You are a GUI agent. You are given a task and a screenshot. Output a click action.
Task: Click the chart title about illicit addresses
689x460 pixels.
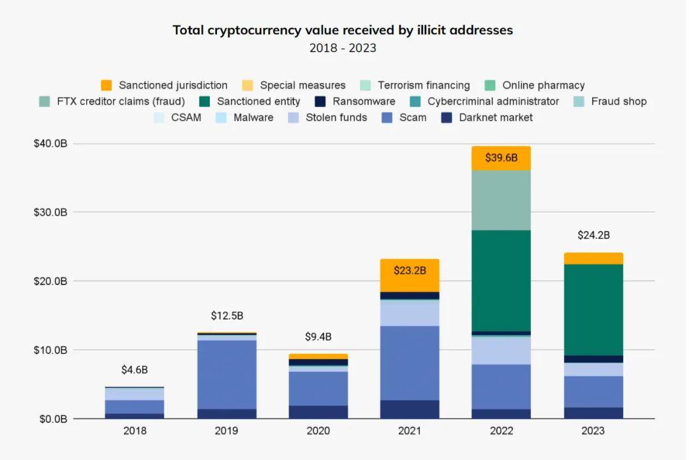[343, 30]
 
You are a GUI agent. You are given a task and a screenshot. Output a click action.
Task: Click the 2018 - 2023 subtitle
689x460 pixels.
[343, 48]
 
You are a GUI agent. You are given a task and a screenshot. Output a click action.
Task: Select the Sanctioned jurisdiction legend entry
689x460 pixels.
[165, 85]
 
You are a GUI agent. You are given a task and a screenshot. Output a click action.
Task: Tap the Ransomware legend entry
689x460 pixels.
[355, 101]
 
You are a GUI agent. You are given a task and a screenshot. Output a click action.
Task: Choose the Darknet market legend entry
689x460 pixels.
[487, 117]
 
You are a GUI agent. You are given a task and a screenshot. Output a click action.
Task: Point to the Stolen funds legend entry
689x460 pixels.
[328, 117]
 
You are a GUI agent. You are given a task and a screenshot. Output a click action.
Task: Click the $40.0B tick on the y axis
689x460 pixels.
[50, 144]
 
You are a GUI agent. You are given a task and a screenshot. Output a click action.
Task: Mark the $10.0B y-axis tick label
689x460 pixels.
[50, 350]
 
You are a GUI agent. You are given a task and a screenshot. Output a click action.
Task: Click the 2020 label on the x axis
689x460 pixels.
[318, 431]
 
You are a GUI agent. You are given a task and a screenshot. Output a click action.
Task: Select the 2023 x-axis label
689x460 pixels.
[593, 431]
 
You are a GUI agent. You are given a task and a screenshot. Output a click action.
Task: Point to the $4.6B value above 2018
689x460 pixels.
[135, 370]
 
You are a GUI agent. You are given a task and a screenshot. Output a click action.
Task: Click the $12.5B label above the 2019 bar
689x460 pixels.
[226, 316]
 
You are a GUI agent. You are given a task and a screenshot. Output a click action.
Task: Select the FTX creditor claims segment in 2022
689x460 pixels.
[501, 200]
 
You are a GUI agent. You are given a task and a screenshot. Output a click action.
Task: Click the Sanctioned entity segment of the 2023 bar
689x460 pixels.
[593, 309]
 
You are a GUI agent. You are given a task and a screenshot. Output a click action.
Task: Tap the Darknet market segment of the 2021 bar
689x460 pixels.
[410, 409]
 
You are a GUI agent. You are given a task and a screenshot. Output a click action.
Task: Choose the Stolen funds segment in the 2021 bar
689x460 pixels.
[410, 313]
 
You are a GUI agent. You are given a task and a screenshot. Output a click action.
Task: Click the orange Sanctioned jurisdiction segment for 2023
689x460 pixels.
[593, 258]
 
